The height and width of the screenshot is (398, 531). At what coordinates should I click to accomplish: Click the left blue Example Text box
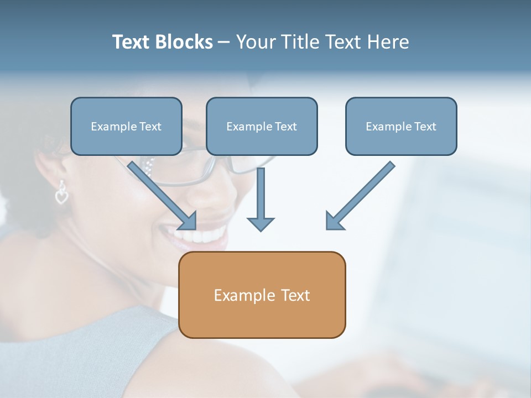point(126,126)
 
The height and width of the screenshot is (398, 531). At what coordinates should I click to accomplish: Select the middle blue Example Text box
point(262,126)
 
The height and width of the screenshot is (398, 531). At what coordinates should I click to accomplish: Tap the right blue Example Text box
point(401,126)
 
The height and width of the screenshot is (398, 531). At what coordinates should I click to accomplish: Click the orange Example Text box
point(262,295)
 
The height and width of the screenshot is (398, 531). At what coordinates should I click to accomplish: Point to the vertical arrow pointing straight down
point(261,199)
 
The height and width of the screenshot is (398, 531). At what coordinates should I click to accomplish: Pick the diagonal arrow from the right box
point(360,196)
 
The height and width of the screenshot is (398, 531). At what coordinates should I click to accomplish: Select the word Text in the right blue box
point(425,127)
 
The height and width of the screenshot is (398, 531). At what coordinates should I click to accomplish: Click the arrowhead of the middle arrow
point(261,224)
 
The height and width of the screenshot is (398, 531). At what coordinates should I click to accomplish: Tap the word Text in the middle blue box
point(286,127)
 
